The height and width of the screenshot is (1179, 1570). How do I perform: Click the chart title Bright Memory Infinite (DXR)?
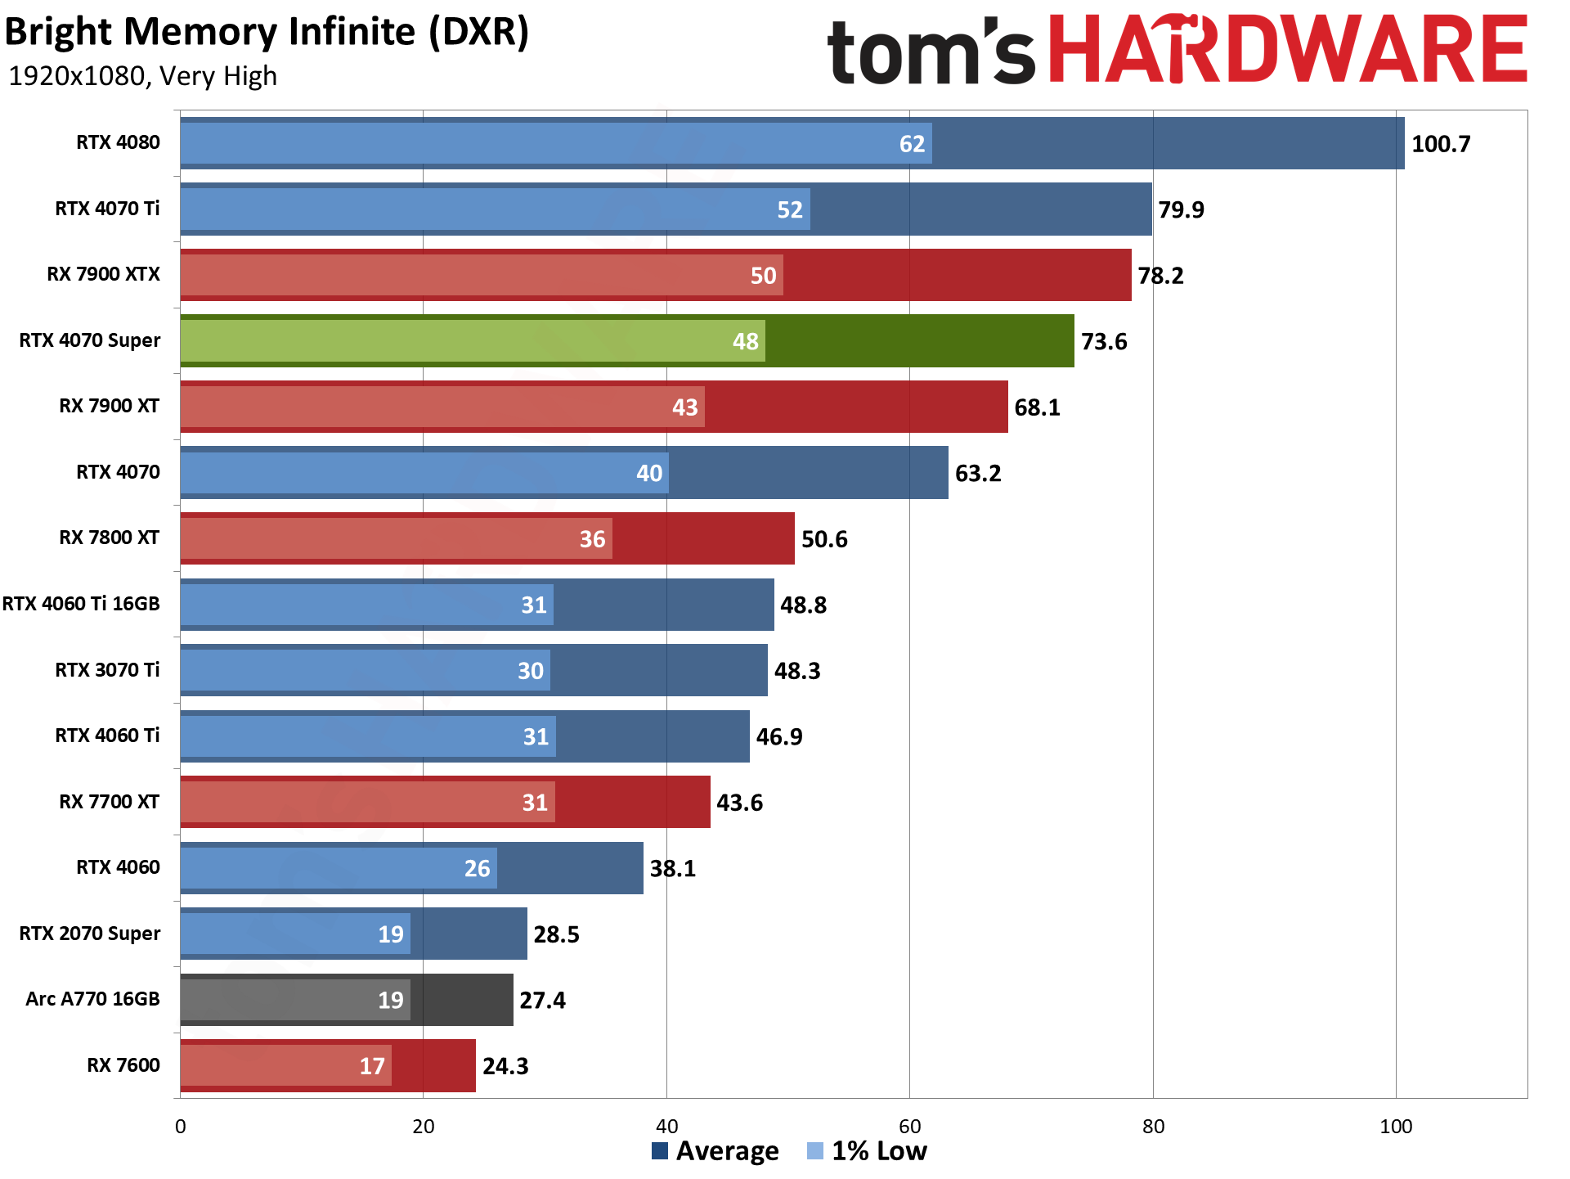267,33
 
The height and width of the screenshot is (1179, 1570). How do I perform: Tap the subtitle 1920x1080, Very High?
142,76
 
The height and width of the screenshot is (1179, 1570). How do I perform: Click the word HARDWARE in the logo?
1287,51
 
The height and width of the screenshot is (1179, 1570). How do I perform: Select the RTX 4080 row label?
118,142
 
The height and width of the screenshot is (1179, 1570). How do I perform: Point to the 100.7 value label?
1441,144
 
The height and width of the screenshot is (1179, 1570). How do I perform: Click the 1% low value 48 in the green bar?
745,341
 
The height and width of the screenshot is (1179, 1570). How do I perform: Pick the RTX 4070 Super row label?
90,340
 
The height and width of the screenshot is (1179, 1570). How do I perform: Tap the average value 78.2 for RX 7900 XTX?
1160,276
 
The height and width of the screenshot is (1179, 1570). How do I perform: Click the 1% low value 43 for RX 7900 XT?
684,407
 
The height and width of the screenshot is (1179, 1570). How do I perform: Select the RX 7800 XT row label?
109,538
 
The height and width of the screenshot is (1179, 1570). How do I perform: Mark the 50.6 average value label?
824,539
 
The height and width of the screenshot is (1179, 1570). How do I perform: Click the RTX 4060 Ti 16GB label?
81,604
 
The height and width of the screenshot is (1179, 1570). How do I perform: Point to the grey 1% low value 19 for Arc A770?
390,1000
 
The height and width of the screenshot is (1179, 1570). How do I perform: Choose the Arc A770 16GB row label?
92,999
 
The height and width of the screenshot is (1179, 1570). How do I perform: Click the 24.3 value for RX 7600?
505,1066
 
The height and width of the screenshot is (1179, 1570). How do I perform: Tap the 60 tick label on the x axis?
909,1127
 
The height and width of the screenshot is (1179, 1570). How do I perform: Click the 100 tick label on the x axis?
1396,1127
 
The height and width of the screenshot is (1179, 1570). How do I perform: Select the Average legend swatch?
660,1151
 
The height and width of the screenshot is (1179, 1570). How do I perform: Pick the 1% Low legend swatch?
814,1151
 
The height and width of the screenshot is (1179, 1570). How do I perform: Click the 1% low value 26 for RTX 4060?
477,868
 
